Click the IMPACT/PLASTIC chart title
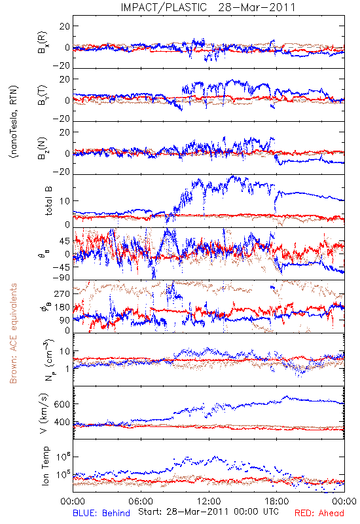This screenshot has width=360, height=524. click(164, 7)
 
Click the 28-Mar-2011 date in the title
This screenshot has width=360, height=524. click(257, 7)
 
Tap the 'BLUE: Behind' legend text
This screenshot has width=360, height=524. click(101, 513)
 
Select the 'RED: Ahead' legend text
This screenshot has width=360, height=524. click(319, 513)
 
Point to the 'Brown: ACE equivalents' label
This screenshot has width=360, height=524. click(13, 333)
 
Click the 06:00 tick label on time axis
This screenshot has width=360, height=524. click(141, 501)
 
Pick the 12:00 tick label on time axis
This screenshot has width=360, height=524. click(209, 501)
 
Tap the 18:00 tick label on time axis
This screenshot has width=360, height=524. click(277, 501)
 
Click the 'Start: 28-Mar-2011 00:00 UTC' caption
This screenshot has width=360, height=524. click(208, 512)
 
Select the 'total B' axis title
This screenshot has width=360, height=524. click(48, 200)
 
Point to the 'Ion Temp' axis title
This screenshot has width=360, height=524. click(45, 466)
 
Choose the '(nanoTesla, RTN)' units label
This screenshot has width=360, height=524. click(14, 121)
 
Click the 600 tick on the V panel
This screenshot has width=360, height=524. click(62, 404)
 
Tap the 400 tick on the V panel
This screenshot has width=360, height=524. click(62, 422)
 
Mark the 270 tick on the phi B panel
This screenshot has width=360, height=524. click(62, 293)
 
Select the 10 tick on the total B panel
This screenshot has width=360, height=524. click(65, 201)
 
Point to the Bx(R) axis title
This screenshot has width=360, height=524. click(43, 43)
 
